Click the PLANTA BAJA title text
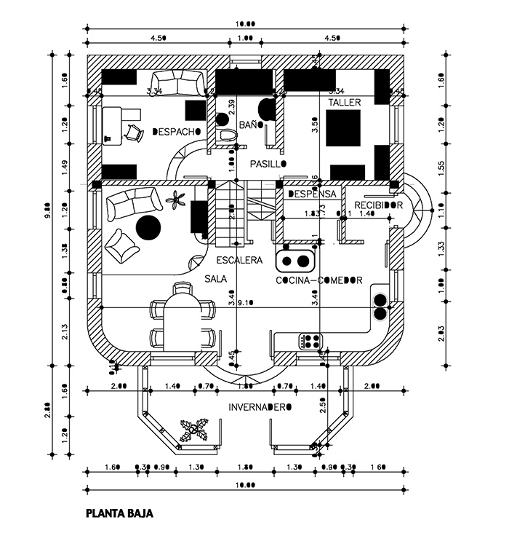tap(119, 513)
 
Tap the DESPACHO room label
tap(176, 132)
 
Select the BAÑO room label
tap(251, 125)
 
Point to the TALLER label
tap(343, 103)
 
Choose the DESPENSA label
tap(312, 194)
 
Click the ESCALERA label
tap(239, 260)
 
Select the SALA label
tap(215, 279)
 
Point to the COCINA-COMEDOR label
tap(319, 280)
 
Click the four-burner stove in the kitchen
tap(310, 340)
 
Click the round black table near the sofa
tap(148, 227)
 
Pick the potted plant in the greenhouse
tap(194, 430)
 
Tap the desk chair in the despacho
tap(132, 132)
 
